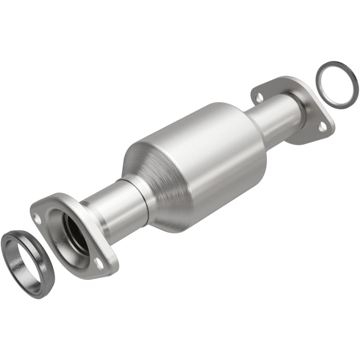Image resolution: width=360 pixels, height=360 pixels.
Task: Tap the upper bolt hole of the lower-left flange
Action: [38, 220]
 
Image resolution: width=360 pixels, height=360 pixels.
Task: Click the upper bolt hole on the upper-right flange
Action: [259, 96]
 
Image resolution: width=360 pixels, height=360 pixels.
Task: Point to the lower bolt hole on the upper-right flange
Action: [322, 127]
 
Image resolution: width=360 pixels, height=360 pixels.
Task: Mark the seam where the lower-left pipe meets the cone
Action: [143, 198]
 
